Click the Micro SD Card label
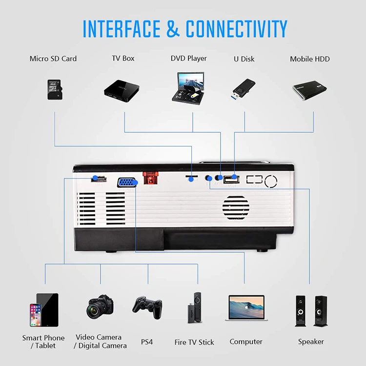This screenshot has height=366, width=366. coord(53,59)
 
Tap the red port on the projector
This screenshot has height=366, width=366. coord(150,179)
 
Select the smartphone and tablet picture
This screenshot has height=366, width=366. coord(43,310)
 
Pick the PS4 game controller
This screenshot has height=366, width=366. coord(147,306)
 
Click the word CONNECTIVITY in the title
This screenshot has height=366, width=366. coord(236,29)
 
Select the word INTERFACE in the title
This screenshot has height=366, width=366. coord(122,29)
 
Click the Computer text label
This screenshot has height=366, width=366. coord(246,342)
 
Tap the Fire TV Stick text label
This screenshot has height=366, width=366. coord(194,342)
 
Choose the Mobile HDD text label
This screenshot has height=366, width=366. coord(310,59)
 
